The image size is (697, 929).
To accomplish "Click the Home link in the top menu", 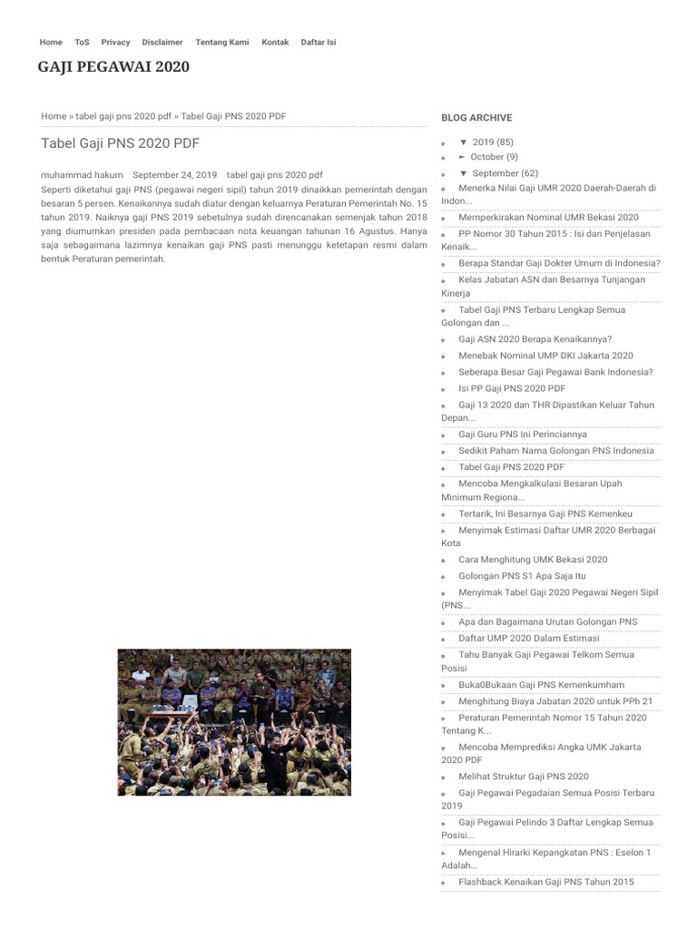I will point(51,43).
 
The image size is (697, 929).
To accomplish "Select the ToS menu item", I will point(82,43).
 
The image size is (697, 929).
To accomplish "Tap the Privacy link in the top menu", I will point(115,43).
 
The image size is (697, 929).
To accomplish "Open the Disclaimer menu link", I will point(162,43).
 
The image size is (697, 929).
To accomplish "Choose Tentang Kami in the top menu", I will point(221,43).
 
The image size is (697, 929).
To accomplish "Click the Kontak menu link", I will point(275,43).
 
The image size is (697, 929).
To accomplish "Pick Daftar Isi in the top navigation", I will point(319,43).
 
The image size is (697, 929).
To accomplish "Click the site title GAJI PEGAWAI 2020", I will point(113,67).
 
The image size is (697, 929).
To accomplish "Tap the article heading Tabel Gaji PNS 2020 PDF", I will point(120,143).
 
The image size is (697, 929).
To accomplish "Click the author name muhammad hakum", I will point(82,174).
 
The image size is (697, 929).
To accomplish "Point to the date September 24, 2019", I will point(174,174).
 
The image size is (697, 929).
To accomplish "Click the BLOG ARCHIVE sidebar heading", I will point(476,118).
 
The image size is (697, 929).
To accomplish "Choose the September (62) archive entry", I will point(505,173).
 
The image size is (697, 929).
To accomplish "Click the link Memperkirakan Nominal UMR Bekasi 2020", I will point(548,218).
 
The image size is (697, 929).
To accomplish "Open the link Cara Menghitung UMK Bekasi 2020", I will point(533,560).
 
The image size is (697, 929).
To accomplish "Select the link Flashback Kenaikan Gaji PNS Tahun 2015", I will point(545,882).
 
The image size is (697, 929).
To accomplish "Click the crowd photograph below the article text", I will point(234,722).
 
